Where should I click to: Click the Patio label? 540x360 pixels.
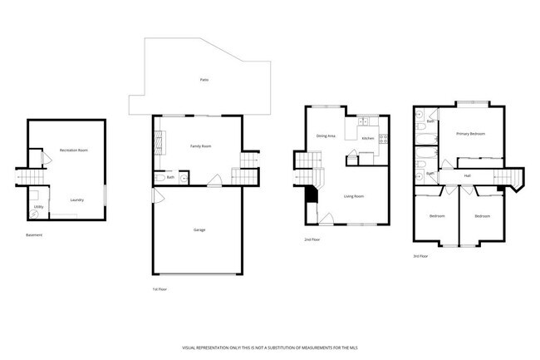coord(204,80)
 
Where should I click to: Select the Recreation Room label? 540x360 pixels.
coord(74,150)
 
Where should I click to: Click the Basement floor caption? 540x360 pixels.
coord(34,235)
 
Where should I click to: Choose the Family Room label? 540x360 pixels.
coord(201,146)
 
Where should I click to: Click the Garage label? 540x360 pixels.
coord(199,229)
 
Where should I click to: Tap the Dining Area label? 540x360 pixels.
coord(326,136)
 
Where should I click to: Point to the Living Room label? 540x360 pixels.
coord(355,196)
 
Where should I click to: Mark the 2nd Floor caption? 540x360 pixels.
coord(312,239)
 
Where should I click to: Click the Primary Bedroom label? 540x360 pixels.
coord(470,134)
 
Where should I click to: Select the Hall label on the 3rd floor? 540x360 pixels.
coord(468,176)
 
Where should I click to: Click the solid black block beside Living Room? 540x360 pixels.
coord(312,195)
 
